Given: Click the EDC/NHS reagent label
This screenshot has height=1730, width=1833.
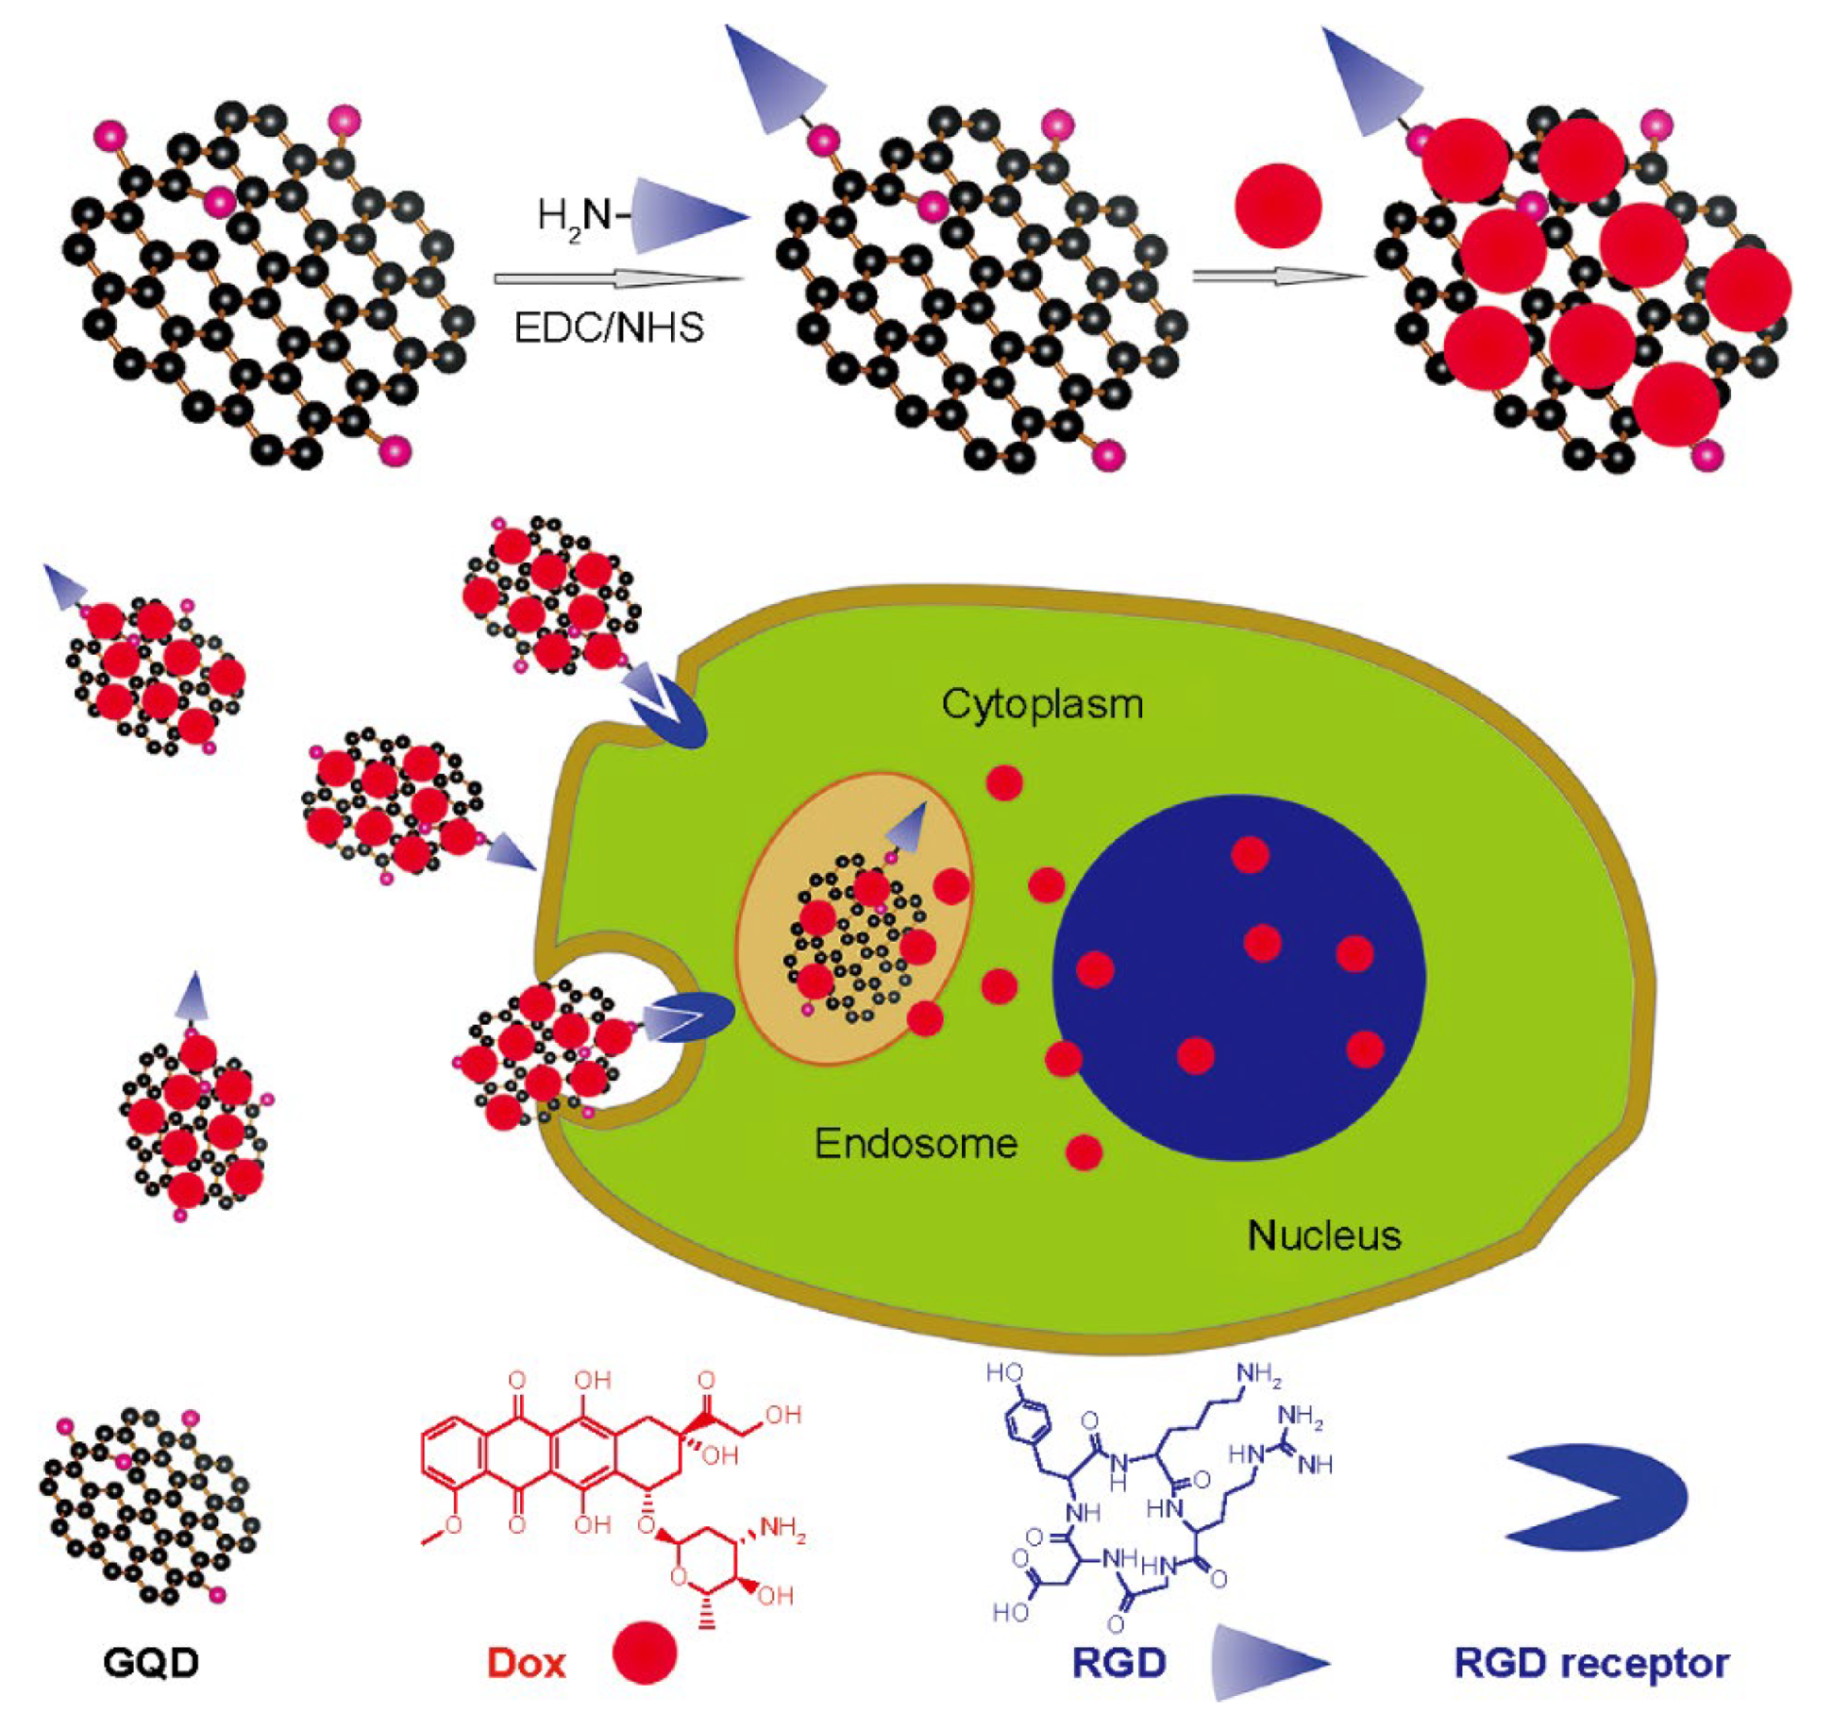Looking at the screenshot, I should coord(609,328).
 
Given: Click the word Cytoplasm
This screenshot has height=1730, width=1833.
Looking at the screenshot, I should coord(1041,704).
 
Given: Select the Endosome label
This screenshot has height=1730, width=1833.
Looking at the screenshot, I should coord(916,1144).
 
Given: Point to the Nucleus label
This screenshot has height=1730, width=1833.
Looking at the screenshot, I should coord(1323,1235).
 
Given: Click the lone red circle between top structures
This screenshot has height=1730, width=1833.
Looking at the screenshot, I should coord(1278,207).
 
